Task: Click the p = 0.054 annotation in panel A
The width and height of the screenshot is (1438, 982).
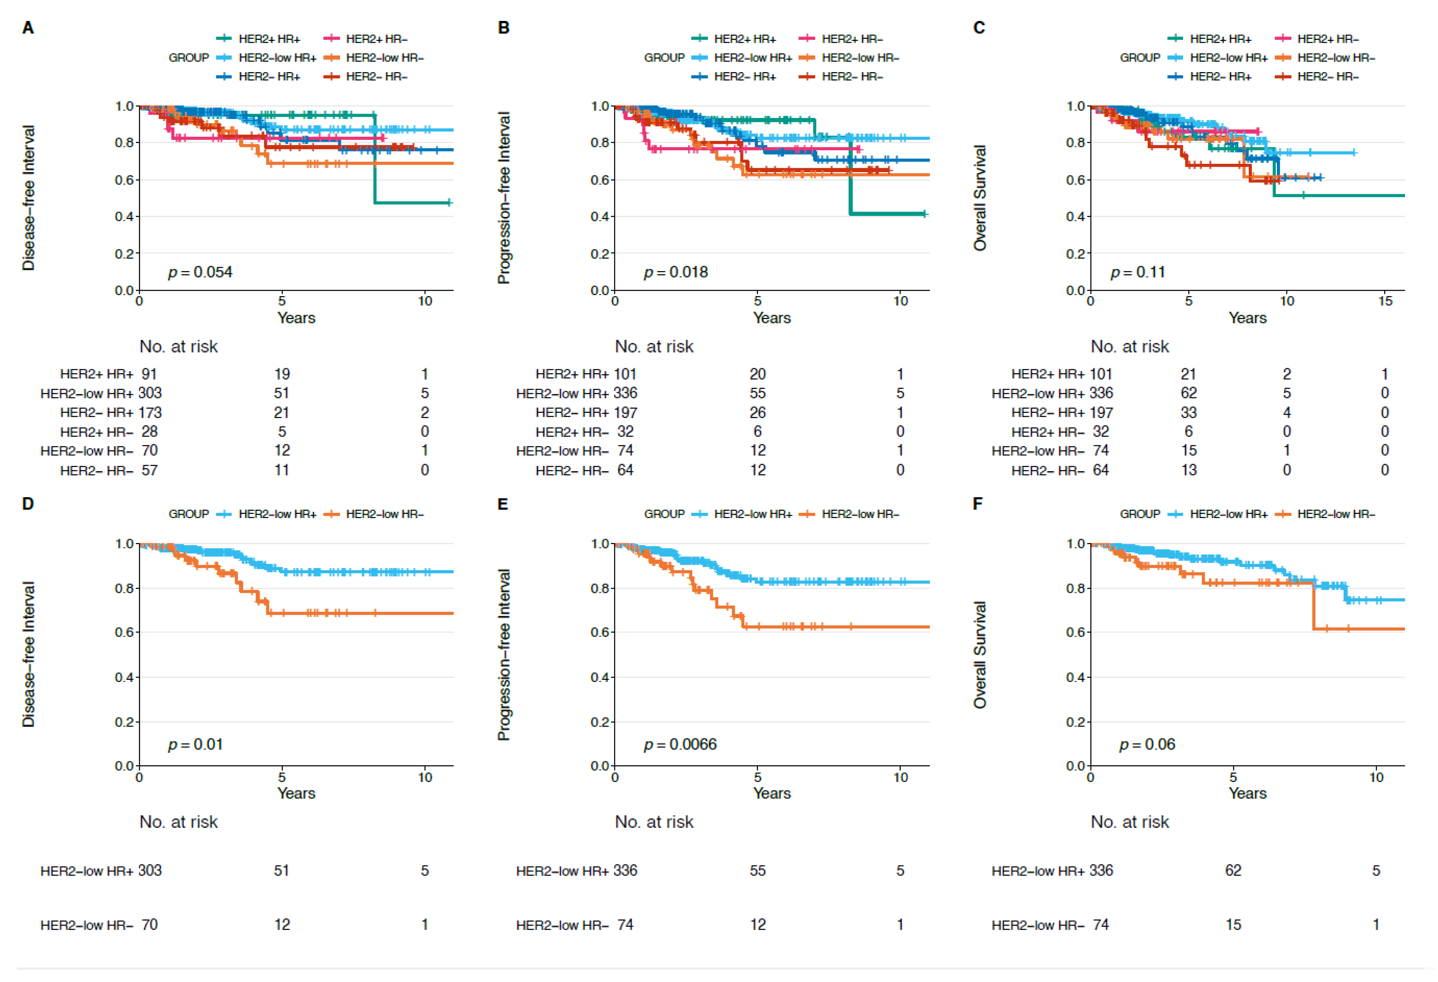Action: click(200, 272)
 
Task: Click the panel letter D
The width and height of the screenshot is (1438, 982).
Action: click(28, 504)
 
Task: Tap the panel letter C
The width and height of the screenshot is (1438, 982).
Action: click(979, 28)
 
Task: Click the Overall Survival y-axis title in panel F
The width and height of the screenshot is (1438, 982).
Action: click(979, 655)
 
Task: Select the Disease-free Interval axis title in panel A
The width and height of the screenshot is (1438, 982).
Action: click(29, 198)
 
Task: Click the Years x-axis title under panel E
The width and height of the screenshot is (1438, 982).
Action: click(771, 793)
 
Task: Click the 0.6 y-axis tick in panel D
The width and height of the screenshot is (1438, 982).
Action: click(124, 632)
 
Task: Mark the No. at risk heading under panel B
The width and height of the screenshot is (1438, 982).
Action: click(654, 347)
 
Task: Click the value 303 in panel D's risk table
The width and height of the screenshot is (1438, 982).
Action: click(150, 871)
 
